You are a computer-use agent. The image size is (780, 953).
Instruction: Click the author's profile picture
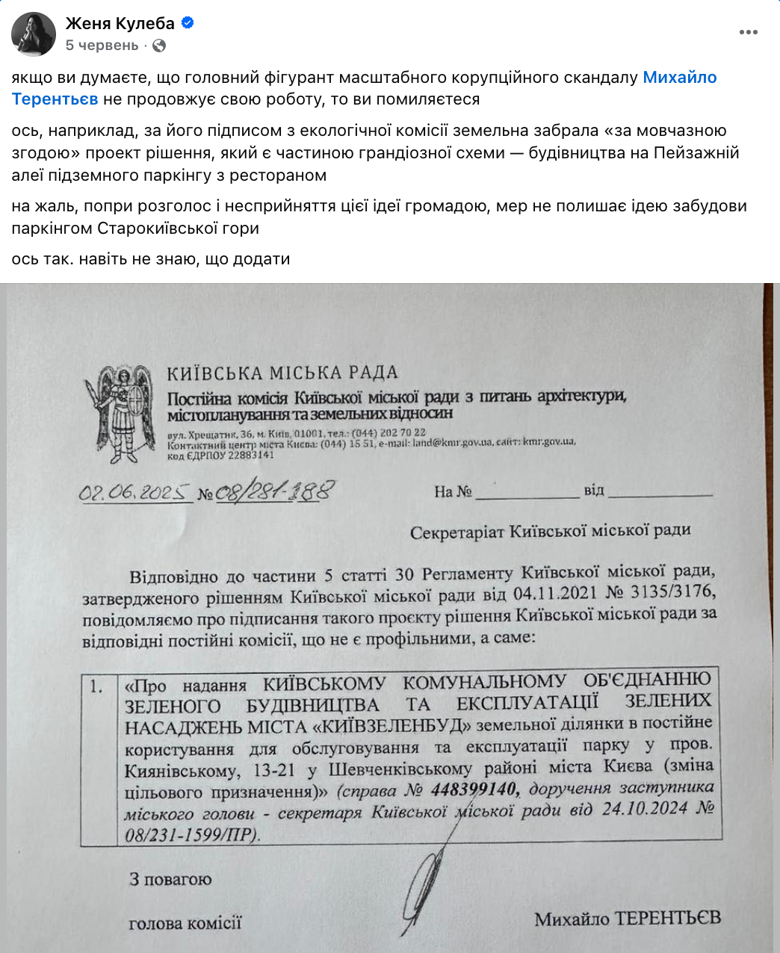pyautogui.click(x=34, y=34)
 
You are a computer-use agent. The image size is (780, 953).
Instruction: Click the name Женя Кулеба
pyautogui.click(x=120, y=23)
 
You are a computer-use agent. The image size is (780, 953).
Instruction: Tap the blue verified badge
pyautogui.click(x=188, y=23)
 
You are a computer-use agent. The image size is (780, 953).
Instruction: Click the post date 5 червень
pyautogui.click(x=102, y=46)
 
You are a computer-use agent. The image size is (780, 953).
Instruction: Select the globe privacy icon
pyautogui.click(x=158, y=46)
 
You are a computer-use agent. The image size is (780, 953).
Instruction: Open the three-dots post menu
pyautogui.click(x=748, y=32)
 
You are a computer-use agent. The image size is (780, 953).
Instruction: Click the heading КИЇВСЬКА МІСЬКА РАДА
pyautogui.click(x=282, y=373)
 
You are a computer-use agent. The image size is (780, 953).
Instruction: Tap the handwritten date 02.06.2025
pyautogui.click(x=134, y=493)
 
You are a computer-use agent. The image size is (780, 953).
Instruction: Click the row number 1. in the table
pyautogui.click(x=97, y=686)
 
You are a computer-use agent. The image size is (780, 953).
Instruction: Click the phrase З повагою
pyautogui.click(x=170, y=879)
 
